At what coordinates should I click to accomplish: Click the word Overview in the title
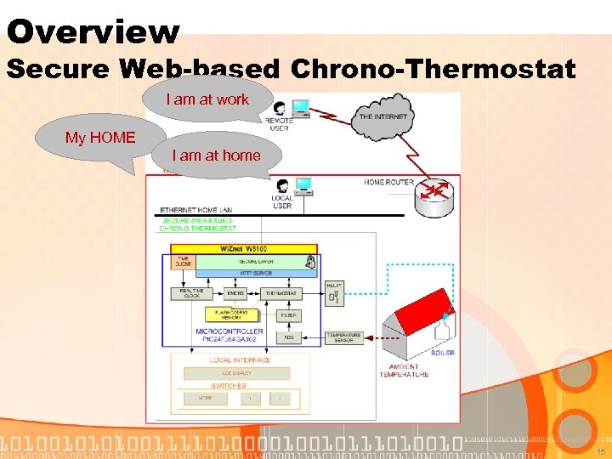point(93,32)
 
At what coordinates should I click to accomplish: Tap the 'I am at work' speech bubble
point(207,99)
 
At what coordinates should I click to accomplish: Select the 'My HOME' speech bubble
point(100,138)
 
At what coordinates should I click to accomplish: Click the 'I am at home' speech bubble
point(216,156)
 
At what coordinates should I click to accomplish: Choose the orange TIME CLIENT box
point(183,262)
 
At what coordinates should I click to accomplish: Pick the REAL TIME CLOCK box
point(192,293)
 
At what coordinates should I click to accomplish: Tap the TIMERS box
point(235,293)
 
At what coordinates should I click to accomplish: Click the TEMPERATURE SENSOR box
point(343,338)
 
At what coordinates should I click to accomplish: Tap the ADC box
point(288,337)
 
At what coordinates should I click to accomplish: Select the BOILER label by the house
point(442,352)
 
